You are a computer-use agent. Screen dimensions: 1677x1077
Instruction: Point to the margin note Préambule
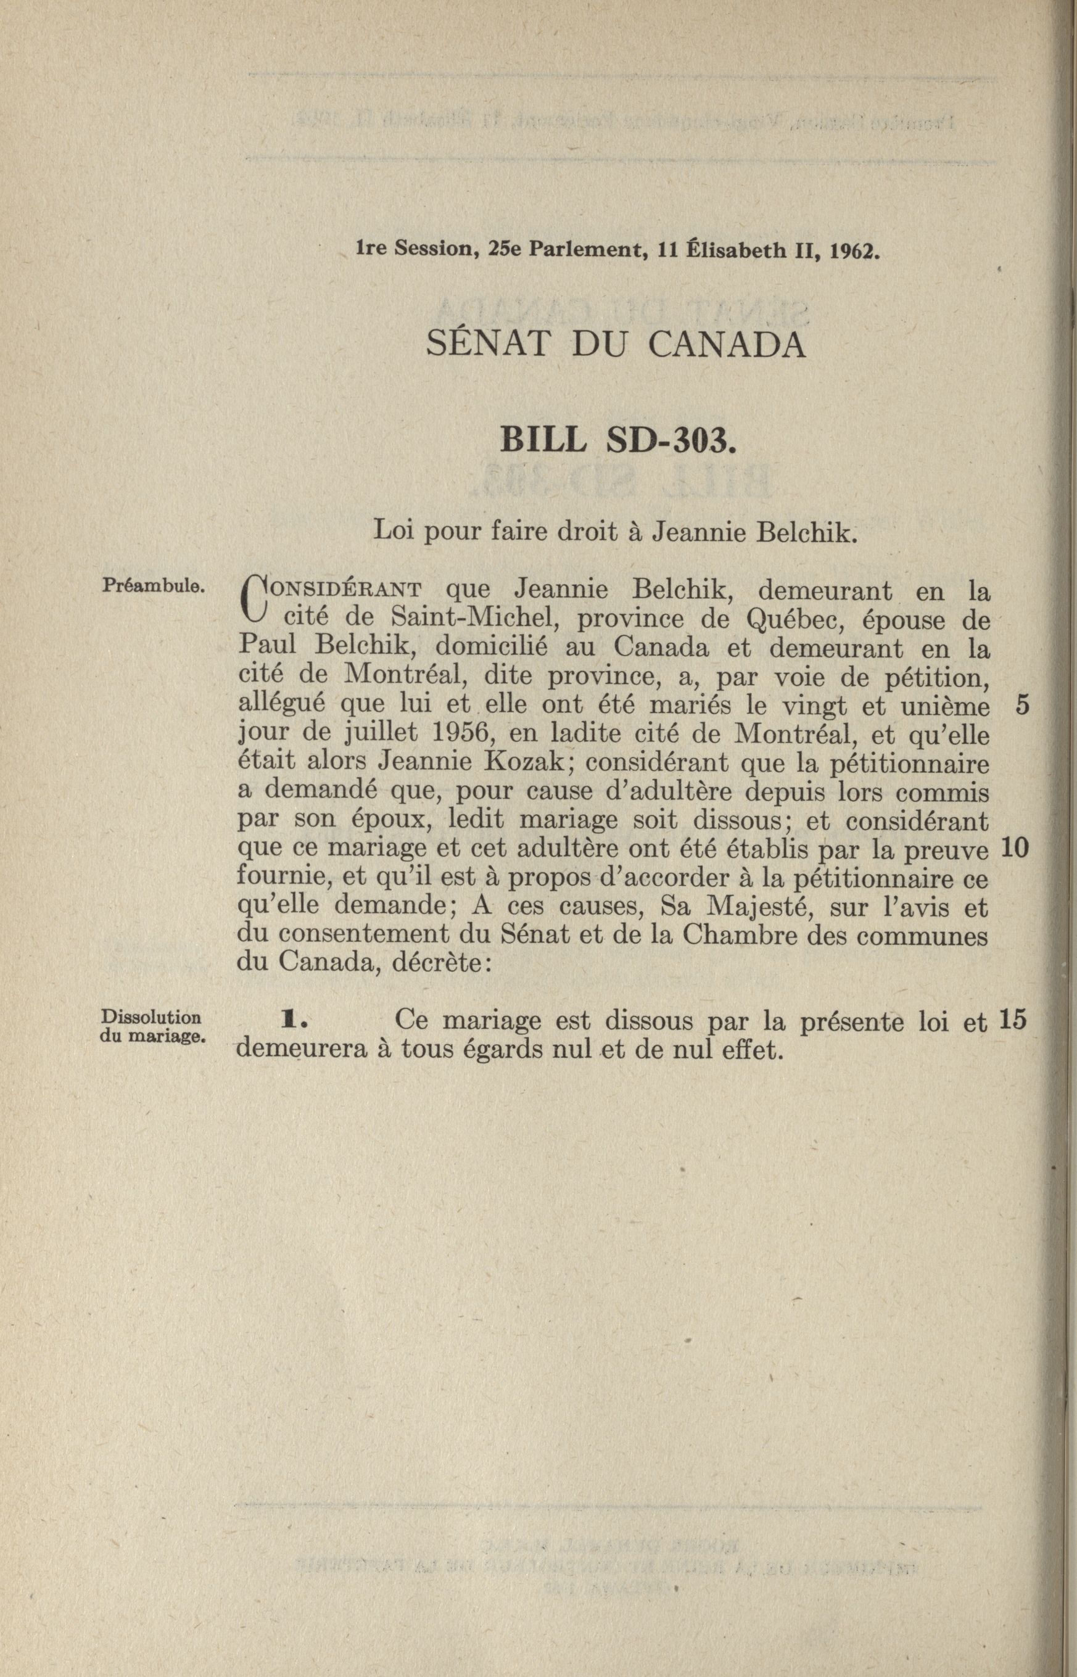(152, 585)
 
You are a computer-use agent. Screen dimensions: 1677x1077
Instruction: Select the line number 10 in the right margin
(1014, 848)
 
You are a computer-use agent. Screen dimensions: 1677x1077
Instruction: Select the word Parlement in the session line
(586, 250)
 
